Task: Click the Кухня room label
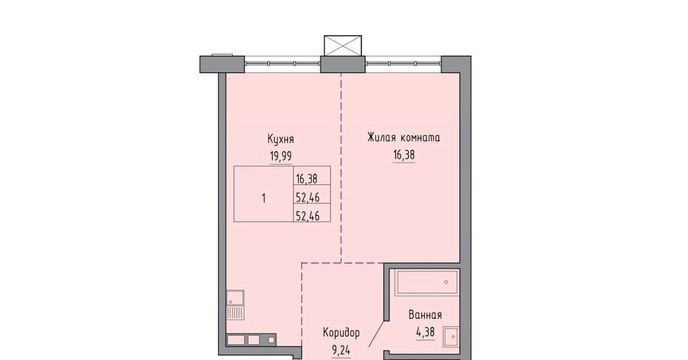tap(281, 139)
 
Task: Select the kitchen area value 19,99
tap(281, 156)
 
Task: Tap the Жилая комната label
tap(404, 138)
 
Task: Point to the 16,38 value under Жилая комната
tap(404, 155)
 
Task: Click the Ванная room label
tap(425, 315)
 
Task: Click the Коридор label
tap(341, 333)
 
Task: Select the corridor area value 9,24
tap(341, 350)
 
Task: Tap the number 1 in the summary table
tap(264, 198)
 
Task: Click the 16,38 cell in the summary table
tap(306, 178)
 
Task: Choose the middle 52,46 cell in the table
tap(307, 197)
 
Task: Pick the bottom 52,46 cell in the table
tap(307, 216)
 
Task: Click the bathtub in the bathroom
tap(427, 282)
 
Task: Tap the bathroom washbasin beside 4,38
tap(451, 337)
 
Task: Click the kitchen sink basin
tap(235, 298)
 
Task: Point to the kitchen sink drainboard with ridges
tap(235, 313)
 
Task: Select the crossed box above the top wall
tap(343, 46)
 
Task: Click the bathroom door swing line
tap(376, 339)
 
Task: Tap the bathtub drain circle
tap(446, 282)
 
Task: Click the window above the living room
tap(403, 63)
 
